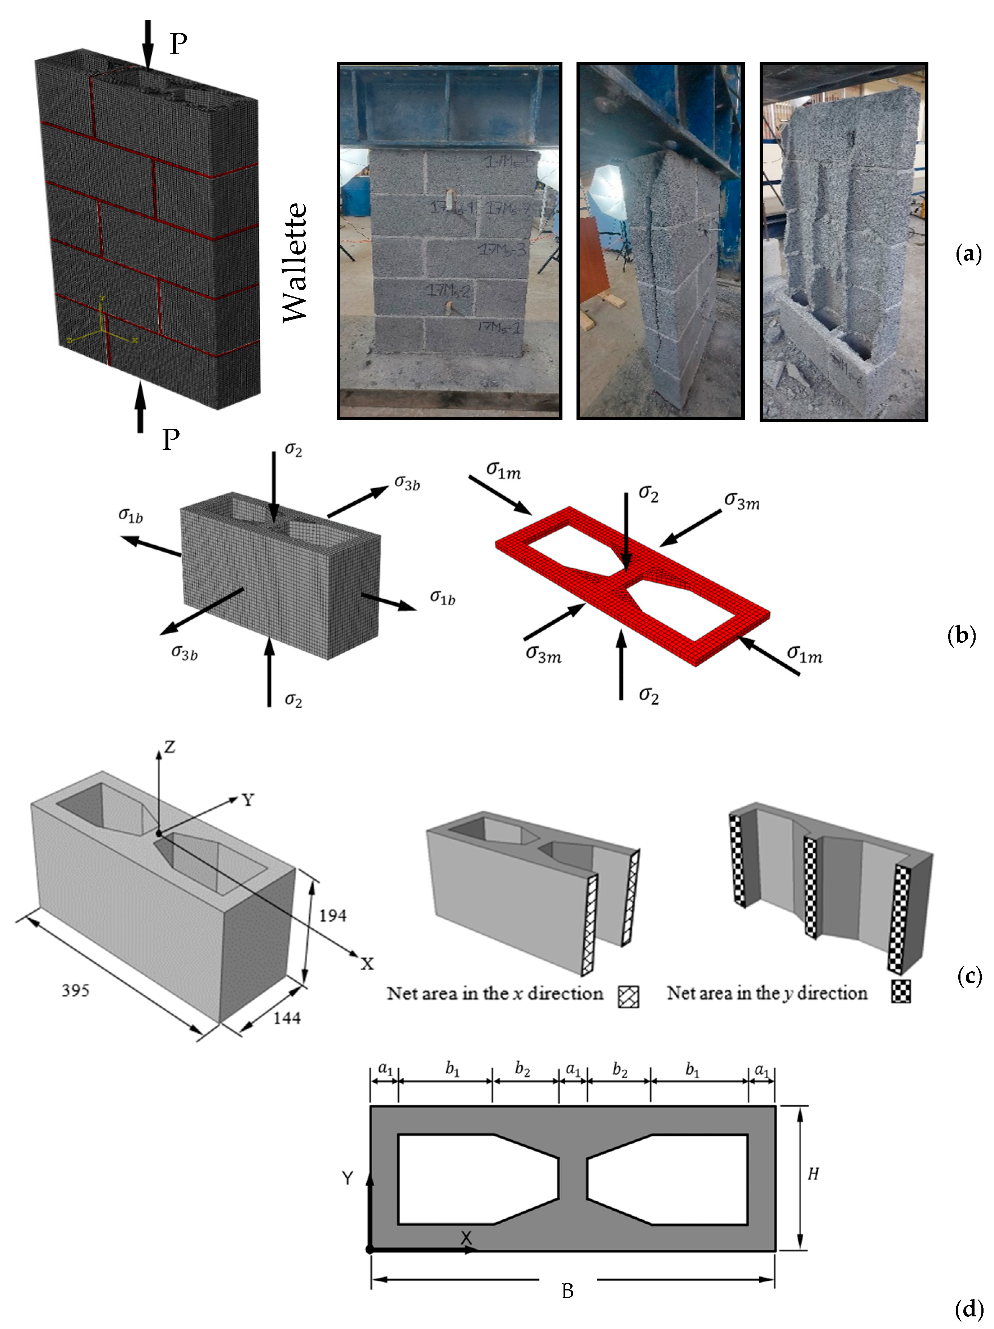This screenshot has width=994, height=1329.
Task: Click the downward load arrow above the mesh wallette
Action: [146, 45]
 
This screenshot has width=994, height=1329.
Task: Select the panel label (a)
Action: [968, 254]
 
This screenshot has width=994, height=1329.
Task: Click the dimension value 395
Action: [76, 990]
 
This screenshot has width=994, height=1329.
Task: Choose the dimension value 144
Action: [287, 1018]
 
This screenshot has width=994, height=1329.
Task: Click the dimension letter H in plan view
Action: [813, 1174]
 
